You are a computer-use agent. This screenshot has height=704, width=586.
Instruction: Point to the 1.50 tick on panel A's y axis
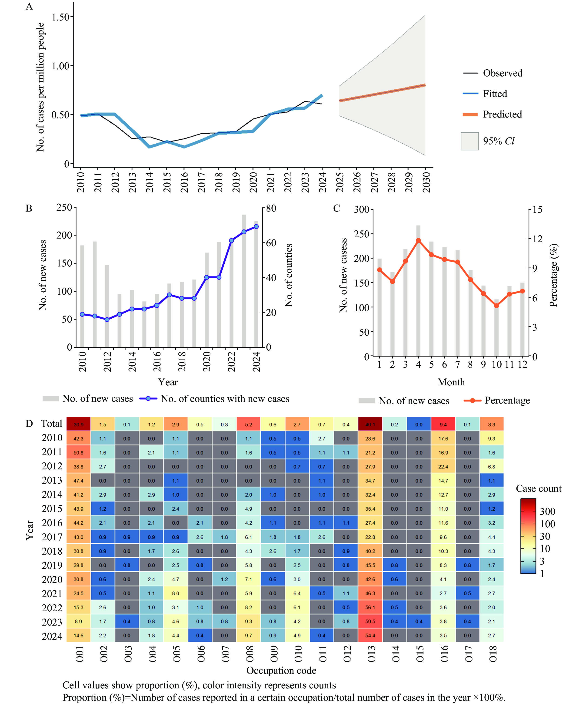(x=60, y=17)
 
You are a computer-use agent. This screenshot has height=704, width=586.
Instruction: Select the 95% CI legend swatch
(x=469, y=141)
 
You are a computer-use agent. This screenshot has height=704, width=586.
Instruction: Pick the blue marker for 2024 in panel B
(x=256, y=227)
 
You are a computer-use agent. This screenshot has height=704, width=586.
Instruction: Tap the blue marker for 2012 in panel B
(x=107, y=320)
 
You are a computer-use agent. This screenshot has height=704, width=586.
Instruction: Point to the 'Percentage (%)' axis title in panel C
(x=553, y=275)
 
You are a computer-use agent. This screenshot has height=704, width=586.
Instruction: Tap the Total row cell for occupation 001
(x=78, y=424)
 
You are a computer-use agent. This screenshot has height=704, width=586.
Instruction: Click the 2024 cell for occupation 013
(x=370, y=635)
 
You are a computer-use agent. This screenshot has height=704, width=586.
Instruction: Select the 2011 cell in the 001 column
(x=78, y=453)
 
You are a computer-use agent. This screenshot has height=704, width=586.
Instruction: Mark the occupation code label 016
(x=444, y=654)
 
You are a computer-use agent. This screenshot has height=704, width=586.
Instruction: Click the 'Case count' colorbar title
(x=538, y=488)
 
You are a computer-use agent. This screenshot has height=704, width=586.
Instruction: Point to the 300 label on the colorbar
(x=547, y=511)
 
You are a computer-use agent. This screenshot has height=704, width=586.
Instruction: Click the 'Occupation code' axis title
(x=281, y=670)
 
